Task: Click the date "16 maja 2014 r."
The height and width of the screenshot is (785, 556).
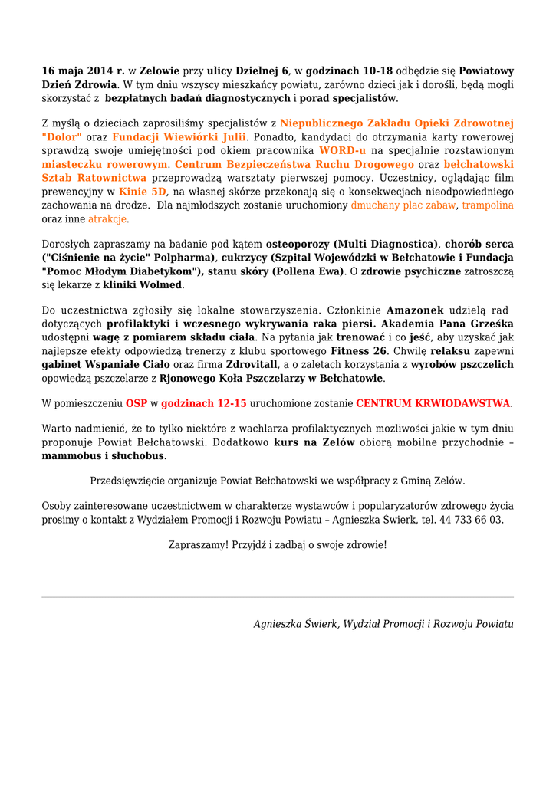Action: coord(83,71)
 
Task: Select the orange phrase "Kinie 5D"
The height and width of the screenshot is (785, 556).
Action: coord(143,192)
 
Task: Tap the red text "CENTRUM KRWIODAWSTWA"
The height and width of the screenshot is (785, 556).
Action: coord(433,402)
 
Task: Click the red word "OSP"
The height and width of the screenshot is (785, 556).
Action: coord(137,402)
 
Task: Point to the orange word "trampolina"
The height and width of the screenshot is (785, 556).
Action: coord(488,205)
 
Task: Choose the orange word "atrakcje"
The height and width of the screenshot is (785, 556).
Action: coord(107,219)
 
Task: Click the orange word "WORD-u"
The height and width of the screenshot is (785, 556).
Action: coord(342,150)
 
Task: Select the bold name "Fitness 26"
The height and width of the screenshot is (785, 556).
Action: coord(359,351)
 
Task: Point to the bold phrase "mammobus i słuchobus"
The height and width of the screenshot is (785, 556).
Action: coord(103,455)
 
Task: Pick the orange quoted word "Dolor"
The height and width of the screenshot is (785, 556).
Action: coord(62,136)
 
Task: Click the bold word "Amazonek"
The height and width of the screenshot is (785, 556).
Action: coord(415,310)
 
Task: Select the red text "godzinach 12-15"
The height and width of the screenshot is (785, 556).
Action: coord(204,402)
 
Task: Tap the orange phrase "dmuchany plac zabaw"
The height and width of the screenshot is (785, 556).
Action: coord(403,205)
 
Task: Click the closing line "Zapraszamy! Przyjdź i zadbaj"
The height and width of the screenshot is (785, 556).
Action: coord(278,545)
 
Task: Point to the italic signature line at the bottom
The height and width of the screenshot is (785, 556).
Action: coord(383,624)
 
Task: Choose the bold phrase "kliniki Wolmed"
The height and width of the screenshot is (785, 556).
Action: coord(143,284)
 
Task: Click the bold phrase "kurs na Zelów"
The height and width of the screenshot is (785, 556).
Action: coord(314,442)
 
